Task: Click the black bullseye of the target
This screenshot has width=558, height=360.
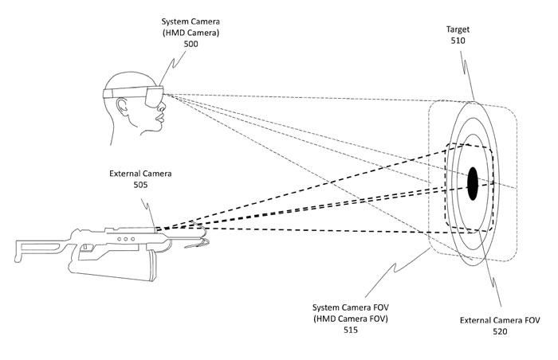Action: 473,184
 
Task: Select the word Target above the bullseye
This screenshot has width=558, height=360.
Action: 458,26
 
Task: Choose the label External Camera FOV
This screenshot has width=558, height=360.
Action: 500,319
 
